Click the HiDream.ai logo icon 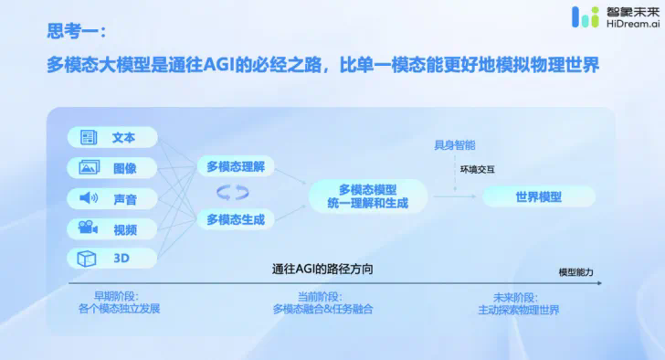585,18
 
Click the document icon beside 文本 89,138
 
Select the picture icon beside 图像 89,168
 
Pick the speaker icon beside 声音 89,198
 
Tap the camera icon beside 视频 89,228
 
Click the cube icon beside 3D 89,259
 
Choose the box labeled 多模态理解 236,166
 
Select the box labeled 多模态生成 236,219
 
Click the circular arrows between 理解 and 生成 232,193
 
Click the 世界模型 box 538,196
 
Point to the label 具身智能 454,145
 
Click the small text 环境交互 476,169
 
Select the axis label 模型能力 575,273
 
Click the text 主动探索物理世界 519,310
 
